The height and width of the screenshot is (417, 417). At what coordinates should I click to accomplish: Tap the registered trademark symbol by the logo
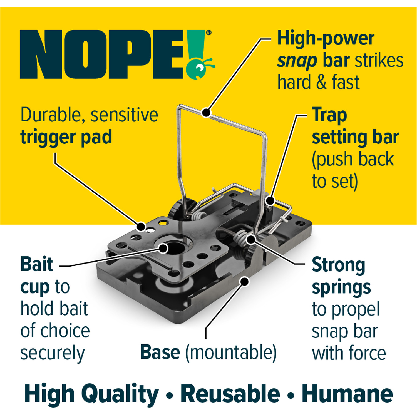[209, 33]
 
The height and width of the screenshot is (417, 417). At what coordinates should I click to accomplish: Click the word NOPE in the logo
[102, 54]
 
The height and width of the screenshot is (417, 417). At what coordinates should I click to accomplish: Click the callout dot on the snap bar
[206, 113]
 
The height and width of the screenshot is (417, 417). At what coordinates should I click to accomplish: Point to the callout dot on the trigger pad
[141, 227]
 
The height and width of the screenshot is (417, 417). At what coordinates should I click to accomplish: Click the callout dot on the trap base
[245, 281]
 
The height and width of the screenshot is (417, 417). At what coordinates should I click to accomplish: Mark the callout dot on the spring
[251, 239]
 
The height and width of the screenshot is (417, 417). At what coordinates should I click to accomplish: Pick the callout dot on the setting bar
[270, 200]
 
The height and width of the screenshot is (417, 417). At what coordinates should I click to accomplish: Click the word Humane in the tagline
[347, 394]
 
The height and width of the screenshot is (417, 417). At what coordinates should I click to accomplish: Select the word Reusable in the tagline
[230, 394]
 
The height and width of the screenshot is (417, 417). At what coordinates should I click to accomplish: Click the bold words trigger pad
[66, 137]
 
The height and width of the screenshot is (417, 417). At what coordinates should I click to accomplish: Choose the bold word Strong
[338, 265]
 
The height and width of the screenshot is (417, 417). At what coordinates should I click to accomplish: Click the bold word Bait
[37, 264]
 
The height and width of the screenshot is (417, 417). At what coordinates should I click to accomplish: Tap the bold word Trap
[329, 115]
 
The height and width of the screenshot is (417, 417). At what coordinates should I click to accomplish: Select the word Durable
[53, 115]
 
